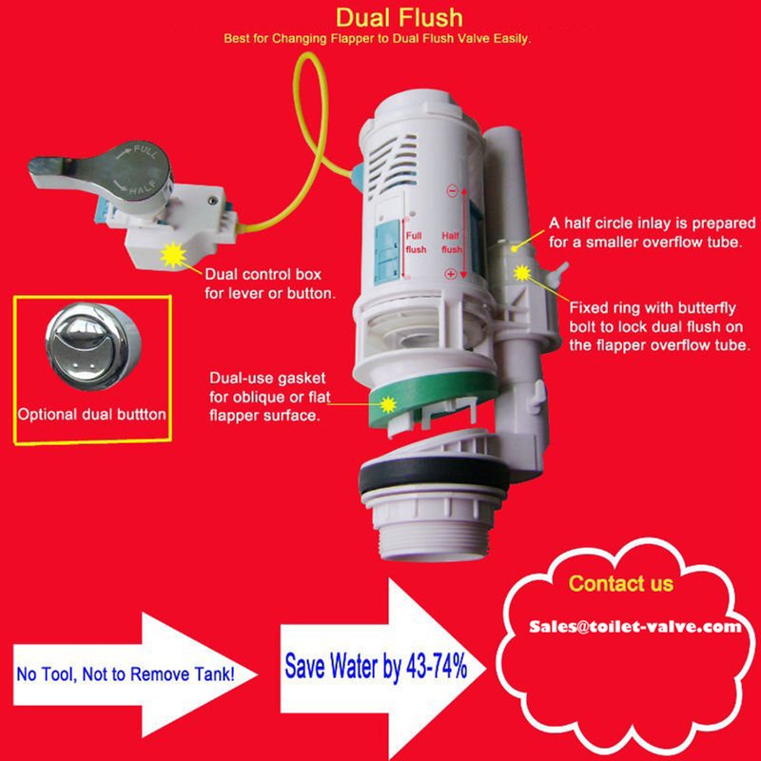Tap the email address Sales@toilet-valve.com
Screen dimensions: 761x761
coord(634,627)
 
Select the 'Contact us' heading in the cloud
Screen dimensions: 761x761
coord(620,583)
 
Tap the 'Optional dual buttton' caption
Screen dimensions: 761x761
coord(91,415)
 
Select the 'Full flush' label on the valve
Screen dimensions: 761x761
coord(417,243)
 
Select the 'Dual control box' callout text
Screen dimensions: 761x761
coord(271,283)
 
